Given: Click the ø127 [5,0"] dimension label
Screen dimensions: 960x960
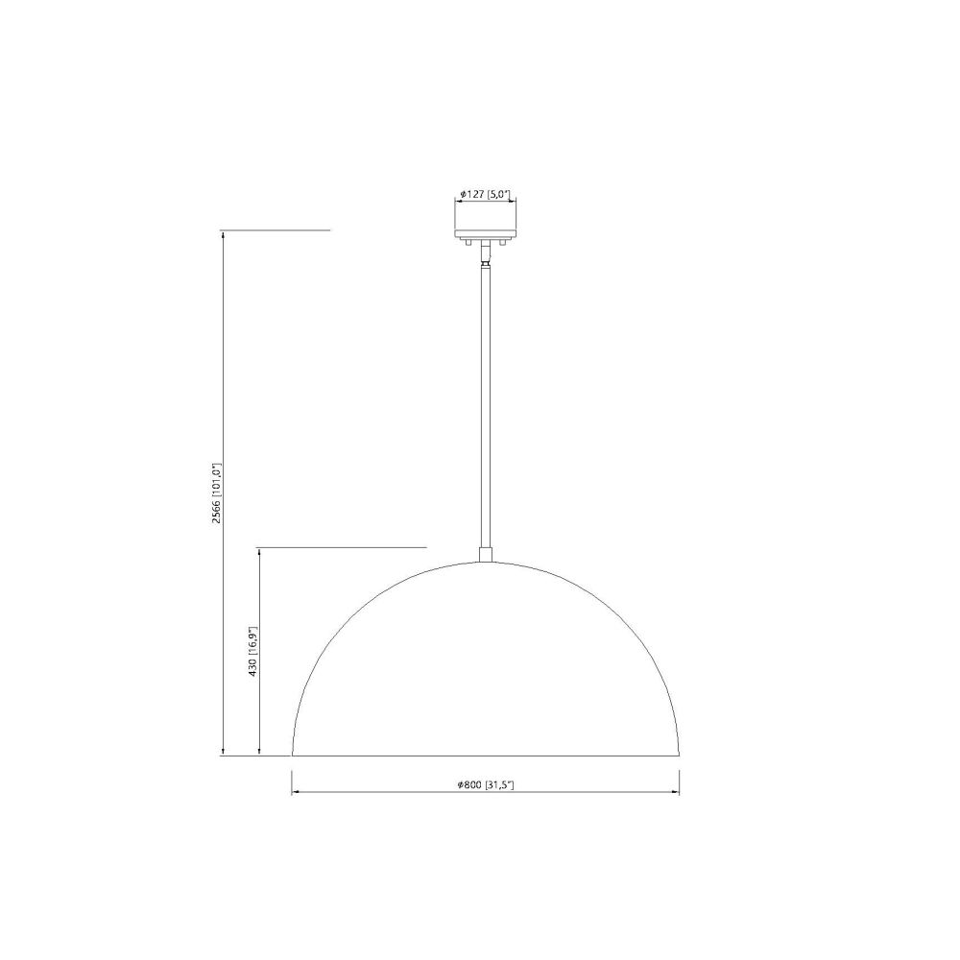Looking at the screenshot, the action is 485,194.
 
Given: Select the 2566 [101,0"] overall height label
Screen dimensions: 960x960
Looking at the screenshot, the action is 215,492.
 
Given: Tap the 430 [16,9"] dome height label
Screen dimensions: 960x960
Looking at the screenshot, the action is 252,652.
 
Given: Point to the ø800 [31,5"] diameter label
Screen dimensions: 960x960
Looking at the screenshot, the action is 485,785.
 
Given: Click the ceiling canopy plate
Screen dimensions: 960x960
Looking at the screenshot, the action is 485,234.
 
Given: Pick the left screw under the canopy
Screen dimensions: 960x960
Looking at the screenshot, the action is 468,243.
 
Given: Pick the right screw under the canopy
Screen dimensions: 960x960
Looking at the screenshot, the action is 502,243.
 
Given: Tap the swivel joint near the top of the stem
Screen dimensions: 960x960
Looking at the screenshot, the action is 486,263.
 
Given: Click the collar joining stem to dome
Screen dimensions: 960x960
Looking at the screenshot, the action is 486,554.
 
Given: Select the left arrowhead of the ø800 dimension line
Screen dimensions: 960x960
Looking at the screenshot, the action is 295,792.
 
